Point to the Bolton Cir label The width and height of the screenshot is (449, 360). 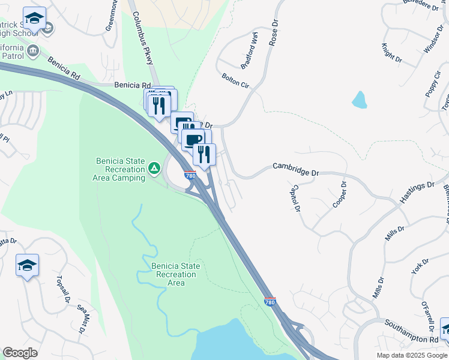pos(235,81)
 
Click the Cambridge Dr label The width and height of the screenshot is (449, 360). pos(295,169)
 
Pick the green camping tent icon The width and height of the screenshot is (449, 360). pos(154,169)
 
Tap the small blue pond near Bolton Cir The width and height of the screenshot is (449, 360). pos(360,100)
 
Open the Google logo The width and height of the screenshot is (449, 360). pos(20,353)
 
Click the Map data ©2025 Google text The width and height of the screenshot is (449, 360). pos(411,355)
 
